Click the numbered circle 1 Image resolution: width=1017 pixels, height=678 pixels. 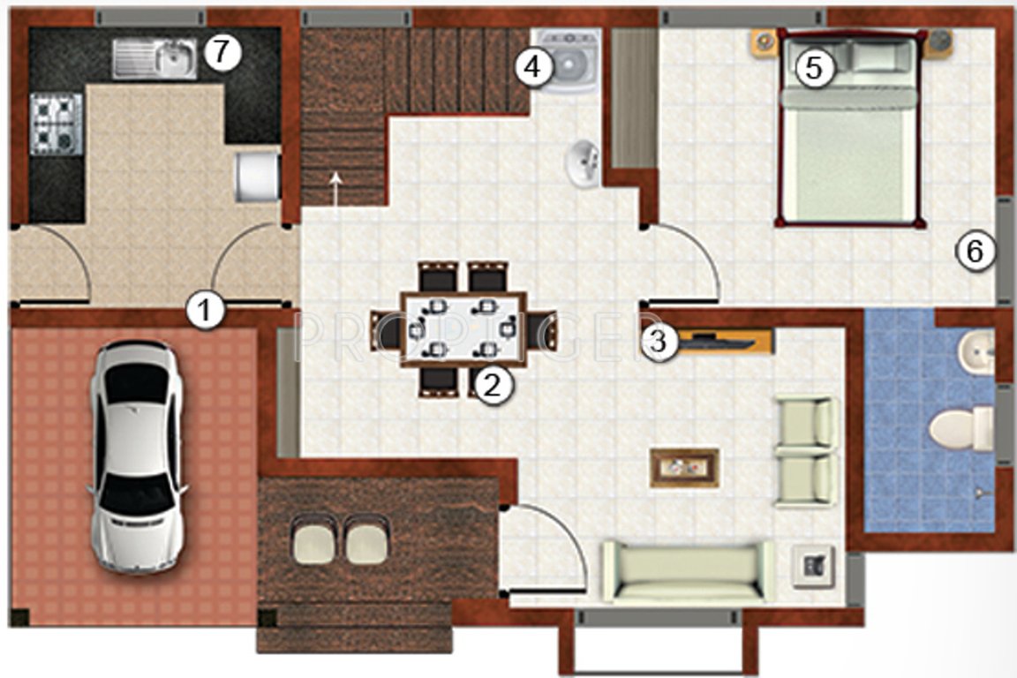tap(205, 312)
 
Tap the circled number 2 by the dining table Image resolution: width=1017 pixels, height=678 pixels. tap(493, 385)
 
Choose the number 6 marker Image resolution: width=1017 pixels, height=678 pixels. tap(975, 252)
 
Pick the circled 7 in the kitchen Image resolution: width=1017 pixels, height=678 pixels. tap(222, 53)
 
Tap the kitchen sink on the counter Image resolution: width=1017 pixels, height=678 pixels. tap(155, 58)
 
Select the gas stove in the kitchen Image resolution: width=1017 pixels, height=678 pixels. tap(56, 124)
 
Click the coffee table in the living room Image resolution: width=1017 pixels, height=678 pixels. tap(684, 467)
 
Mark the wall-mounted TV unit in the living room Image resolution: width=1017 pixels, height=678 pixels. tap(720, 342)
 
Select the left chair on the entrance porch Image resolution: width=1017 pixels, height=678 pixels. tap(313, 541)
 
